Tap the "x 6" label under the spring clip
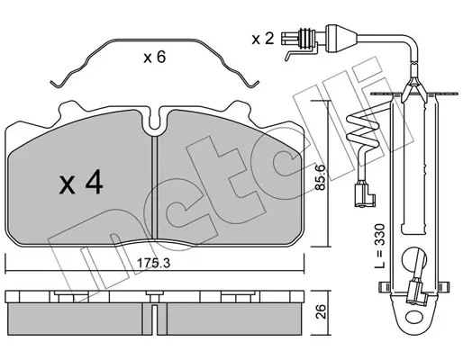(154, 57)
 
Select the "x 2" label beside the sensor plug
(263, 39)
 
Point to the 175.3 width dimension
(154, 263)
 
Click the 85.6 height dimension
(321, 177)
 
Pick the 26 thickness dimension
(321, 311)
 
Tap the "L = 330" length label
(380, 246)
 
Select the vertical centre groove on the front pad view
(154, 186)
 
